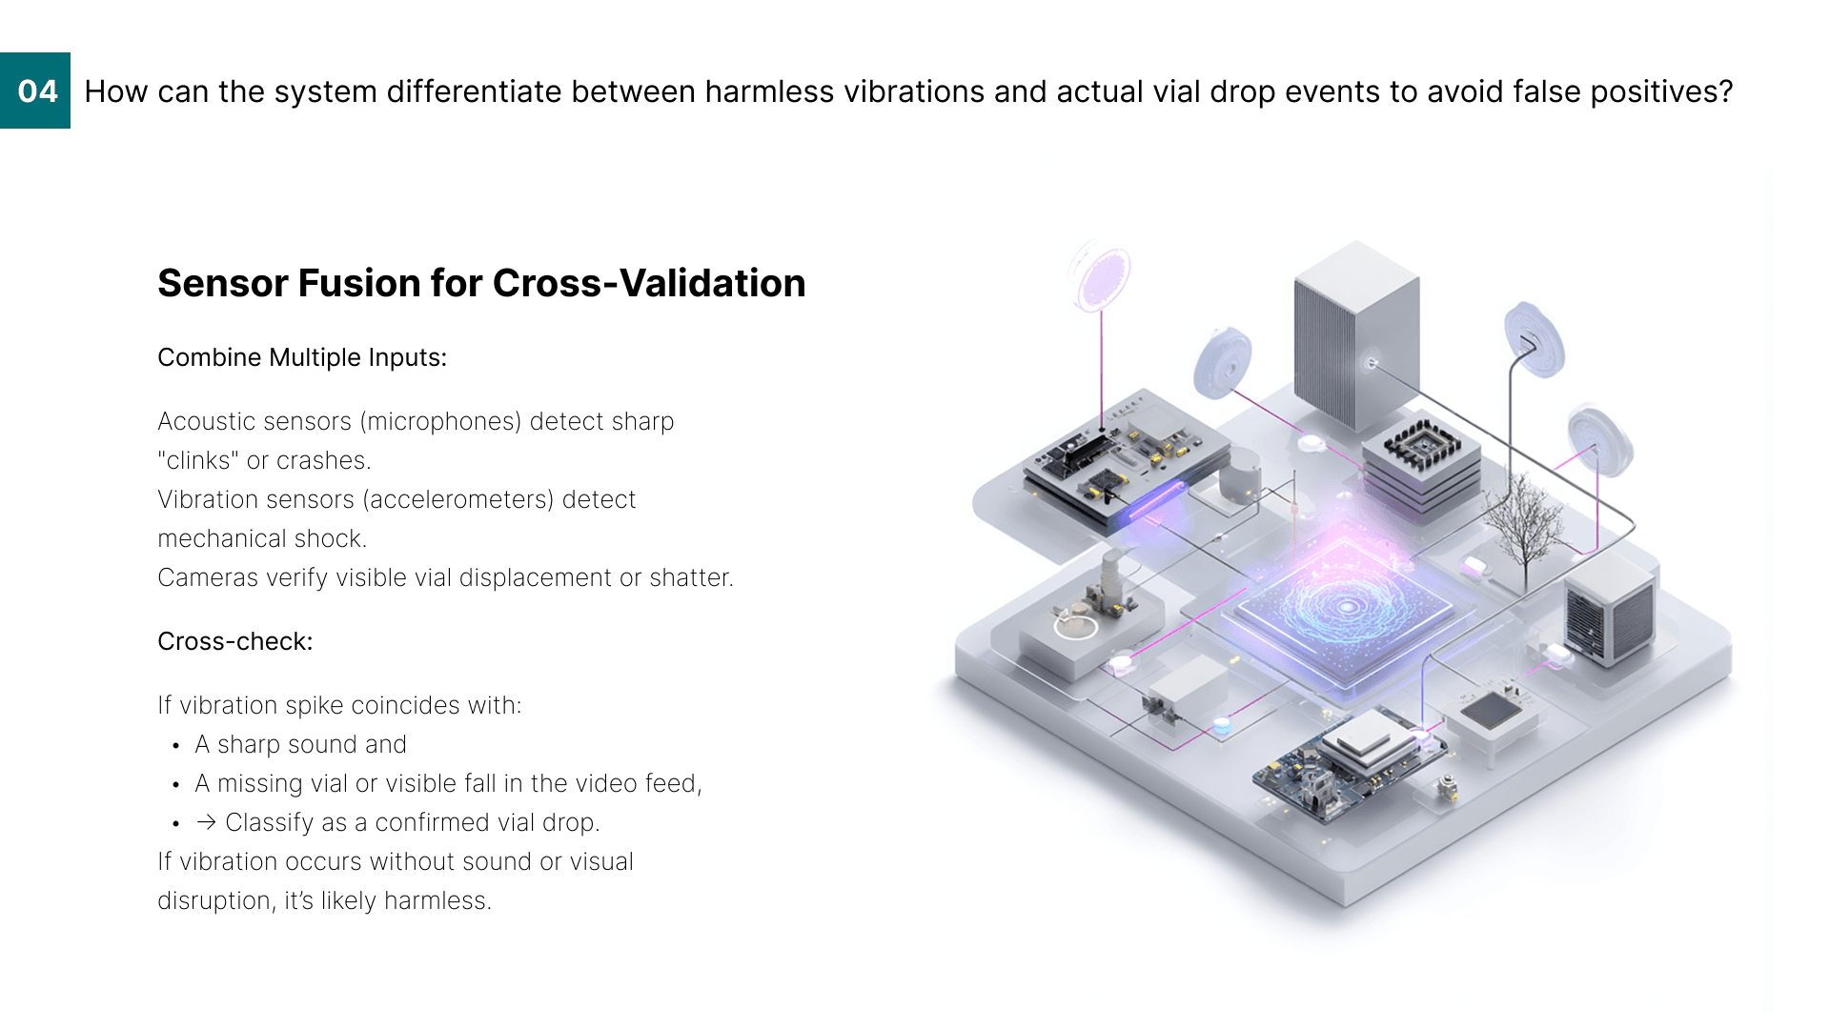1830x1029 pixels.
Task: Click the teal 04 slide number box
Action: point(35,91)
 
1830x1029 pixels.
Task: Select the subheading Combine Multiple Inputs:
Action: point(302,357)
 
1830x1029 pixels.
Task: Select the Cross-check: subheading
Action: point(234,641)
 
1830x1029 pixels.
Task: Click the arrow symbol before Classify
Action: point(206,822)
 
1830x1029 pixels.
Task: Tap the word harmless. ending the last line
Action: point(437,900)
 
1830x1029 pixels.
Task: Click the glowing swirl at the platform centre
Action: point(1345,606)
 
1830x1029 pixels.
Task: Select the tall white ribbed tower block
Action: point(1356,333)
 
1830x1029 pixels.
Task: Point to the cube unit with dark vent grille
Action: point(1610,611)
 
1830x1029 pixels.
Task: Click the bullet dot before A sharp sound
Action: point(176,745)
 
